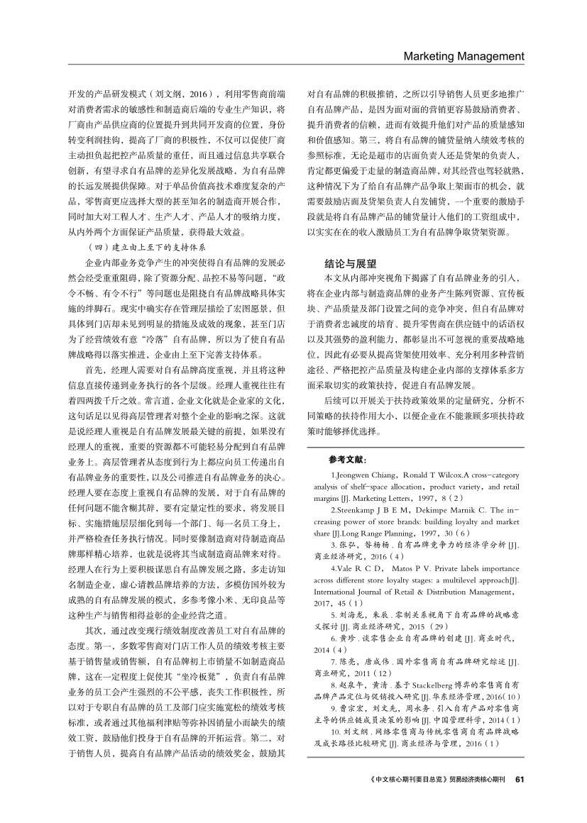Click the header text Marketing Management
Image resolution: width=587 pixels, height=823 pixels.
pyautogui.click(x=463, y=57)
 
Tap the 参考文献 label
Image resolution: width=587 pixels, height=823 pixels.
pyautogui.click(x=347, y=460)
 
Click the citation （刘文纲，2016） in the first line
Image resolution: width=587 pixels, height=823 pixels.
pyautogui.click(x=176, y=93)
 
